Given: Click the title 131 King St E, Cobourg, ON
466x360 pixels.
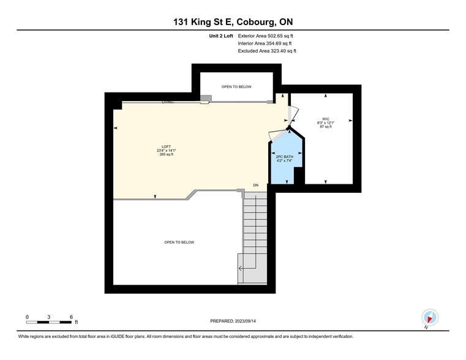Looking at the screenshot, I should (x=233, y=23).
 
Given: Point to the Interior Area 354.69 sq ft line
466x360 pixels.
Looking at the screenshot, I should (x=265, y=43).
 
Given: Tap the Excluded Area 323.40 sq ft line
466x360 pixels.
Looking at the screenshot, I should (x=267, y=51).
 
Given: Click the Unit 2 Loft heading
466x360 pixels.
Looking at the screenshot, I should (x=221, y=36).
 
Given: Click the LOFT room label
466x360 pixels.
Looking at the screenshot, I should (x=166, y=146).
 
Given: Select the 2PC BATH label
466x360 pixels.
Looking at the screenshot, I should (x=285, y=157).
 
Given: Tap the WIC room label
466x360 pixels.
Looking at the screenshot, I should (x=326, y=119).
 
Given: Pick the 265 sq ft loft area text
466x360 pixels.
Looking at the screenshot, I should (x=166, y=154).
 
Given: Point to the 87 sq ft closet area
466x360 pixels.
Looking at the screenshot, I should (x=326, y=127).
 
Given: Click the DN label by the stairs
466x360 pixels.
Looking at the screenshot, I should (x=257, y=185).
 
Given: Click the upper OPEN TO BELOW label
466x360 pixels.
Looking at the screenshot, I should (x=236, y=87).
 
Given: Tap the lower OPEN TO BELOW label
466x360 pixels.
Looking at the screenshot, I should (x=179, y=242).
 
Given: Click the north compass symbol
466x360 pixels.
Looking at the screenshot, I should (x=430, y=317).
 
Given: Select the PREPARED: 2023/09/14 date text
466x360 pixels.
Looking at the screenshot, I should (x=233, y=321).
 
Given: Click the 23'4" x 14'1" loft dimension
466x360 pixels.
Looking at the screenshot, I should (x=166, y=151).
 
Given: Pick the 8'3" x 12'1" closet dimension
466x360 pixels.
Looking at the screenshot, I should (x=326, y=123).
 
